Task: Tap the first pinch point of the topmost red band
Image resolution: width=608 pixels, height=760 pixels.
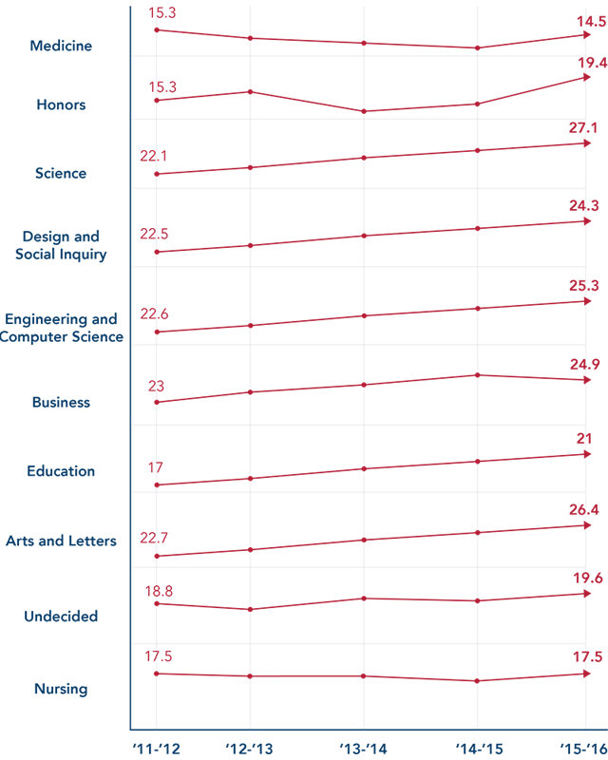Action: pyautogui.click(x=250, y=39)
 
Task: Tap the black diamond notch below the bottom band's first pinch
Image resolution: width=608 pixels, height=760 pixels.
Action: pyautogui.click(x=250, y=712)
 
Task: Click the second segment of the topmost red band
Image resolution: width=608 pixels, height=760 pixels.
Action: pyautogui.click(x=306, y=28)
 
